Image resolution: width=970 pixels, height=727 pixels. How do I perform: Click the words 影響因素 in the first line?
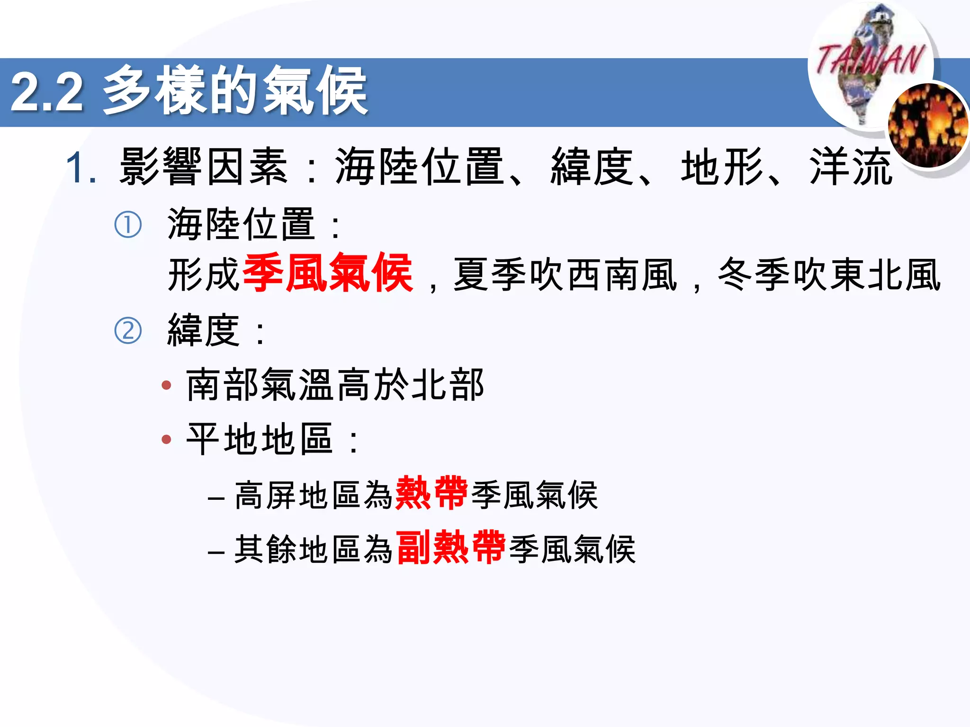point(204,167)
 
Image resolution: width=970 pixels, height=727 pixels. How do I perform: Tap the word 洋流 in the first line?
point(850,167)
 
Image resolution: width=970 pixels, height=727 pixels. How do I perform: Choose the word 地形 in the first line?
point(722,167)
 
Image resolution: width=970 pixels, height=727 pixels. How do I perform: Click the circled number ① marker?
point(128,225)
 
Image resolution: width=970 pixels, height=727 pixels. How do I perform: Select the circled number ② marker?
point(128,331)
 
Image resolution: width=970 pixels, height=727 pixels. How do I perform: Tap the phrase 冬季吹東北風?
point(829,275)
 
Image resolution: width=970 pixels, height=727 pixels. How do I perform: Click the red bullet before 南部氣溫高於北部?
point(166,385)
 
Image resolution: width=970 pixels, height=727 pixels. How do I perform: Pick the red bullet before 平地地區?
point(166,440)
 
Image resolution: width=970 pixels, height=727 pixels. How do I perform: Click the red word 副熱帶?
point(451,548)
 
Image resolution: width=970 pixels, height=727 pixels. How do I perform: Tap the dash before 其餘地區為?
point(216,552)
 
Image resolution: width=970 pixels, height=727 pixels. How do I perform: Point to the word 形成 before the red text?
point(204,275)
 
